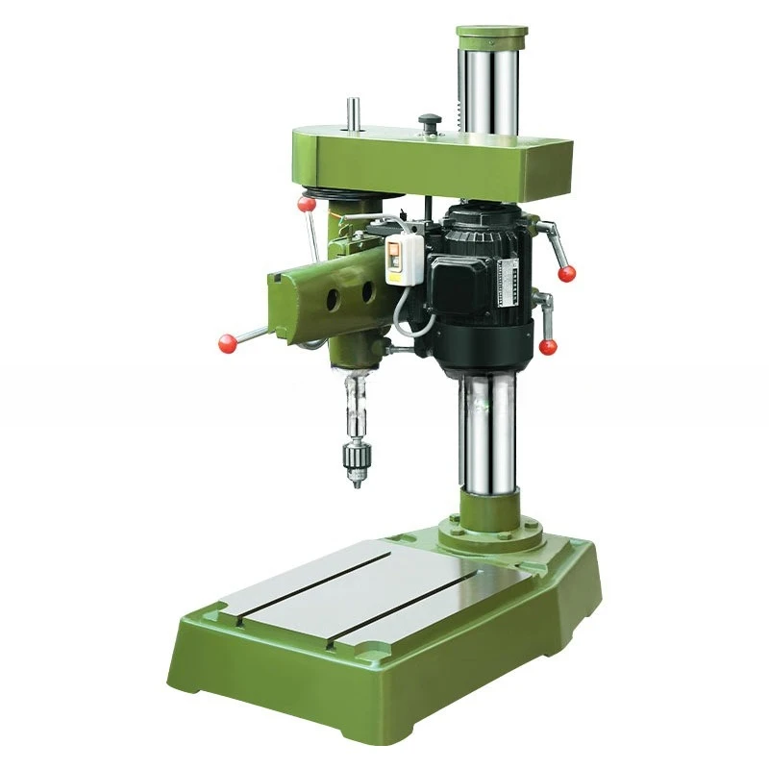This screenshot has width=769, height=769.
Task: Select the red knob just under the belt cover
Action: point(307,203)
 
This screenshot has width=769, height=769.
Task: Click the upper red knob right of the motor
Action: point(567,273)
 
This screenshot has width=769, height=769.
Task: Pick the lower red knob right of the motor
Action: point(548,346)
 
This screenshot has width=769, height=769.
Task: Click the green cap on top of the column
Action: point(491,37)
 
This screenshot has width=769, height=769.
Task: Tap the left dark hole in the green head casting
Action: point(332,299)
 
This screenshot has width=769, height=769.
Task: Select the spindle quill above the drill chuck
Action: point(356,404)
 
